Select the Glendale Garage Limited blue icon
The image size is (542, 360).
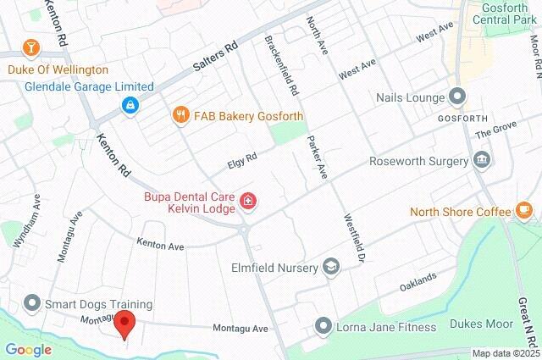coord(130,105)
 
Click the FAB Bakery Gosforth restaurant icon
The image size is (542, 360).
coord(180,115)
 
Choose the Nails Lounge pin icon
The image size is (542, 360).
coord(457,97)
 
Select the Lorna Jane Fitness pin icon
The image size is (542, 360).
coord(323,326)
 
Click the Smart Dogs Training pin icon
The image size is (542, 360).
coord(32,303)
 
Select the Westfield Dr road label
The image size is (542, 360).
coord(354,237)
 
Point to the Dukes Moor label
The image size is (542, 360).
coord(486,324)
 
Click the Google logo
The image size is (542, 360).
coord(28,349)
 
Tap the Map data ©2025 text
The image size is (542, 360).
coord(505,353)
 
